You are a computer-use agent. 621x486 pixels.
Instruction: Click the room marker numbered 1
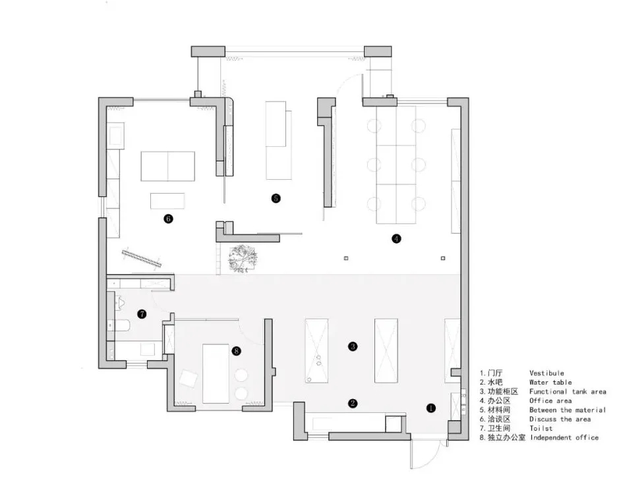pyautogui.click(x=431, y=408)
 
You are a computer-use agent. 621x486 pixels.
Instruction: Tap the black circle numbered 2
pyautogui.click(x=353, y=403)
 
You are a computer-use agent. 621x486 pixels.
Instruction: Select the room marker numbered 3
pyautogui.click(x=353, y=346)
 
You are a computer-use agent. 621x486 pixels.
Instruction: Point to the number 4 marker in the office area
pyautogui.click(x=396, y=238)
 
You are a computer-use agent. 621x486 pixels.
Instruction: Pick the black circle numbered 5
pyautogui.click(x=276, y=198)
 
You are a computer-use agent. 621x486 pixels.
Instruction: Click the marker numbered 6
pyautogui.click(x=168, y=219)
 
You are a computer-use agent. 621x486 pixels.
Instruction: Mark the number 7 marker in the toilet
pyautogui.click(x=142, y=314)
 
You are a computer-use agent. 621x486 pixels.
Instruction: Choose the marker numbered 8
pyautogui.click(x=236, y=351)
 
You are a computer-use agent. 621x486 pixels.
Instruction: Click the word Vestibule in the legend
pyautogui.click(x=547, y=373)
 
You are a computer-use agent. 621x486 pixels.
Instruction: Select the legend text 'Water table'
pyautogui.click(x=550, y=383)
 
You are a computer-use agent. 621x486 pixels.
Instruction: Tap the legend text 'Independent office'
pyautogui.click(x=564, y=437)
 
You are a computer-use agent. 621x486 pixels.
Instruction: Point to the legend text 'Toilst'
pyautogui.click(x=541, y=428)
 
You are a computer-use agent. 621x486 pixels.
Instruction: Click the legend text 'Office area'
pyautogui.click(x=550, y=401)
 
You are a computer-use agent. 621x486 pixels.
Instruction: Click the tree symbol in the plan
pyautogui.click(x=243, y=258)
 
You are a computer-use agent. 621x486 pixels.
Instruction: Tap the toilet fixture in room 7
pyautogui.click(x=121, y=303)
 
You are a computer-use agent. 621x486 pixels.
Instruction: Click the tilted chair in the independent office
pyautogui.click(x=188, y=379)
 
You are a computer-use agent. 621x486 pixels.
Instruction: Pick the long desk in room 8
pyautogui.click(x=216, y=373)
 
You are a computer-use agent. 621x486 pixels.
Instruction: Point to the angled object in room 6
pyautogui.click(x=141, y=257)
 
